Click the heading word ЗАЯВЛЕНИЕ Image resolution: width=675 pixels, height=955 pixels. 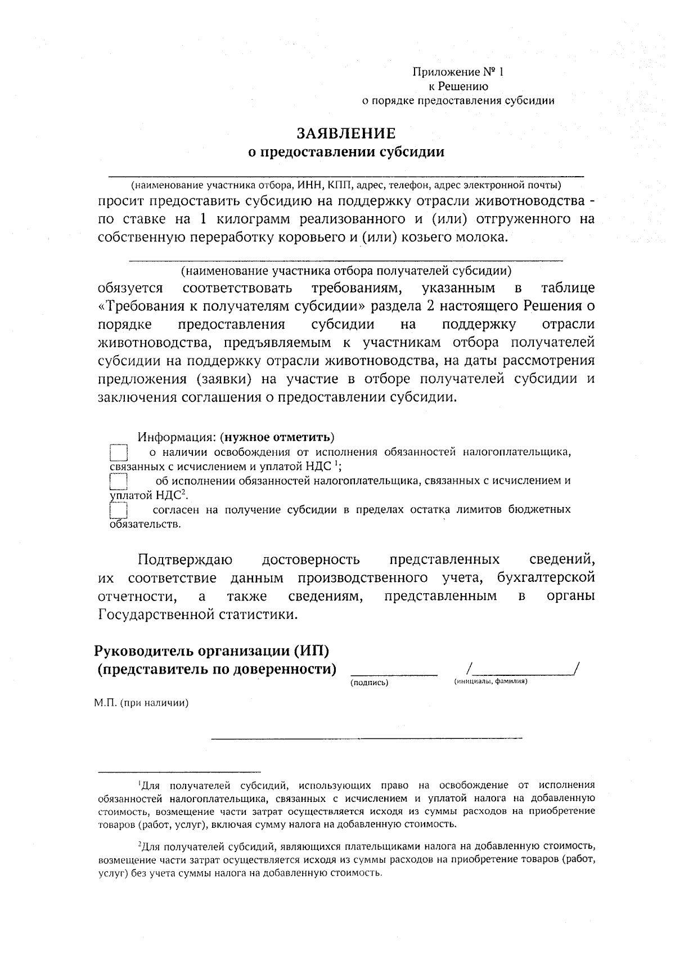pos(346,133)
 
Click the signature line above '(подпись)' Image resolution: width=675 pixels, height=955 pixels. pos(394,673)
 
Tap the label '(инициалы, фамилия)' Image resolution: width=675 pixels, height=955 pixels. pos(490,681)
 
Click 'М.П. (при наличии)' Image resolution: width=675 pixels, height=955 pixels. pos(141,703)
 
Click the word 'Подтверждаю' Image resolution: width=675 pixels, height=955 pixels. pos(185,560)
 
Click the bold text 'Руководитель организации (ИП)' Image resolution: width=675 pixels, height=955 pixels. pos(211,651)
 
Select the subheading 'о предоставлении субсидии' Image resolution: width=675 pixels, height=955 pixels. pos(346,152)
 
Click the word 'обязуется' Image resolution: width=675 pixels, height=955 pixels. pos(130,289)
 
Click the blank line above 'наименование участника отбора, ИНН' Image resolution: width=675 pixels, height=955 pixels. pos(346,176)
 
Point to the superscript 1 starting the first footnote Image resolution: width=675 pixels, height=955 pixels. pos(139,783)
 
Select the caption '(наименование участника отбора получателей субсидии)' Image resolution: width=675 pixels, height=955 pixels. pos(346,271)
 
